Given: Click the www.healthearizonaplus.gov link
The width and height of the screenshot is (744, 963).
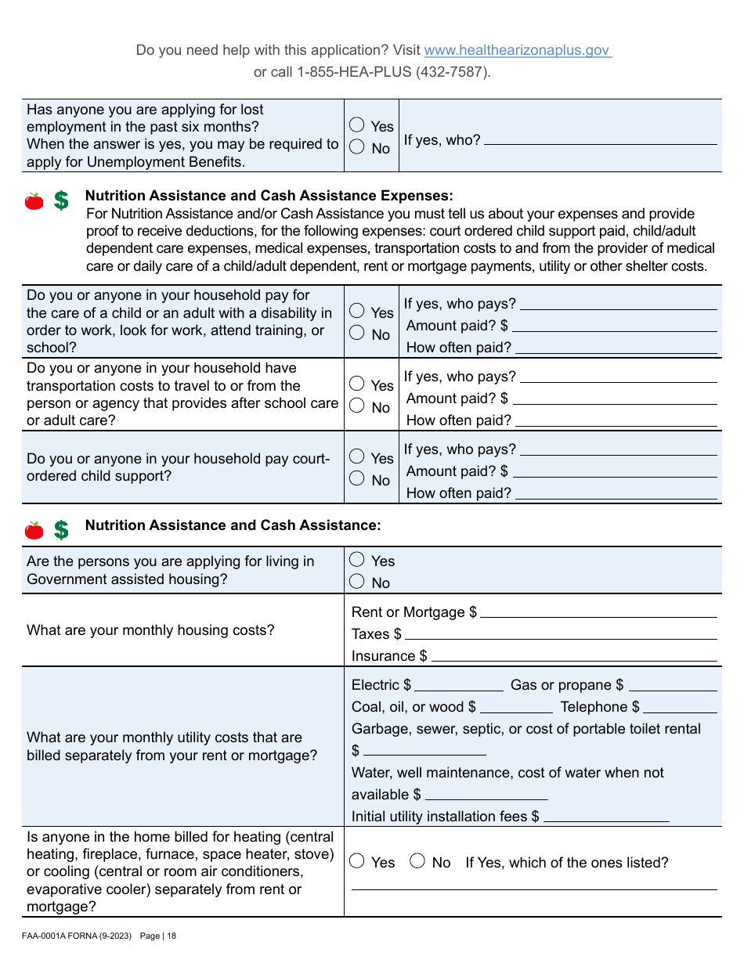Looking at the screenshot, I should coord(517,50).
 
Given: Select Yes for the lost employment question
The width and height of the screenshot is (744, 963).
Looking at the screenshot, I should coord(357,125).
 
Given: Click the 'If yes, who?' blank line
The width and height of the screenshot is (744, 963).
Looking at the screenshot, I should coord(600,140).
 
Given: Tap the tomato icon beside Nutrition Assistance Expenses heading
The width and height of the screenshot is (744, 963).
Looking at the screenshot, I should coord(34,201).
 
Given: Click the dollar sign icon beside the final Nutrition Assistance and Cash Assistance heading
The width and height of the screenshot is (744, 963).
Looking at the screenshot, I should coord(61,530).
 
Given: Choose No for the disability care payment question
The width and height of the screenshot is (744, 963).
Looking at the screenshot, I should coord(357,334).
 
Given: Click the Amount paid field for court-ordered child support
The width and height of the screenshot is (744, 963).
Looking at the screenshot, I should coord(614,471).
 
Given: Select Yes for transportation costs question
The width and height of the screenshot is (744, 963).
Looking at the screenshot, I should coord(357,384).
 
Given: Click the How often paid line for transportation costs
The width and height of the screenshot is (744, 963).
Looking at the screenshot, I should coord(616,420).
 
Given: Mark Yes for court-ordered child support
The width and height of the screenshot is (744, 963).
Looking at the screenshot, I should coord(357,456).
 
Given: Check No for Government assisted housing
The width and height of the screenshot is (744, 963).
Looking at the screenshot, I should coord(357,582).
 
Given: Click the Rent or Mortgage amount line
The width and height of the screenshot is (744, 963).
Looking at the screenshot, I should coord(598,612).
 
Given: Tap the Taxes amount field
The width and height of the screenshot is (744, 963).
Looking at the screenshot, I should coord(561,634).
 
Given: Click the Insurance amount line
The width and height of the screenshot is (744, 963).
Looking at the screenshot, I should coord(574,656).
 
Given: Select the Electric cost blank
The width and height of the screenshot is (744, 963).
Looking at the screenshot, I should coord(459,686).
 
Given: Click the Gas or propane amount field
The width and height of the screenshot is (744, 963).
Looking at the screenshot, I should coord(673,686).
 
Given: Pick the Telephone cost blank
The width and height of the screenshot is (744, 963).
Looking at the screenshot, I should coord(680,708).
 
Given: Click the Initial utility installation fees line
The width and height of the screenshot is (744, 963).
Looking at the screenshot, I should coord(606,817).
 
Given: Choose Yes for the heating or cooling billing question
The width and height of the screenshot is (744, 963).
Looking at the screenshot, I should coord(357,861).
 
